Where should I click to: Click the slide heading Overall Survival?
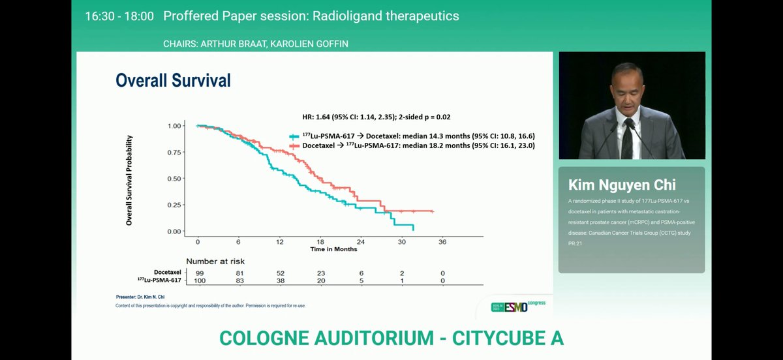point(173,80)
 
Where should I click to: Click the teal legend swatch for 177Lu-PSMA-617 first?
point(294,136)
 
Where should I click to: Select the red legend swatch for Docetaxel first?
point(294,145)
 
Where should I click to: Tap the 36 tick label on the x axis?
point(442,242)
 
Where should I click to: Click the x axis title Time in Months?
point(333,249)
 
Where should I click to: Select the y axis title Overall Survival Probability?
point(129,181)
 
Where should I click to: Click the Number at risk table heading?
point(215,262)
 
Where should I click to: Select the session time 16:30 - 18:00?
point(119,16)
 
